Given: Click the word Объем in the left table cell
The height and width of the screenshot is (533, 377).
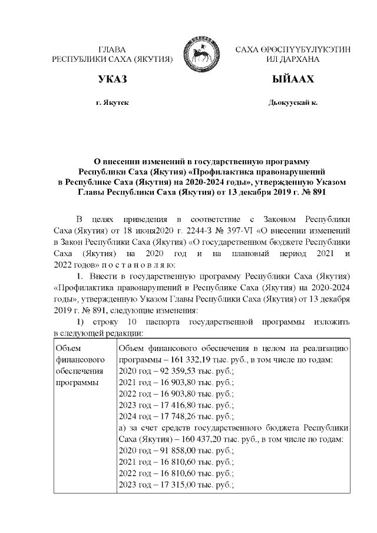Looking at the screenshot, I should (67, 347).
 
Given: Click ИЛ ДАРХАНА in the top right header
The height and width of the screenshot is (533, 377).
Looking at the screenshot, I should (293, 59).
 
